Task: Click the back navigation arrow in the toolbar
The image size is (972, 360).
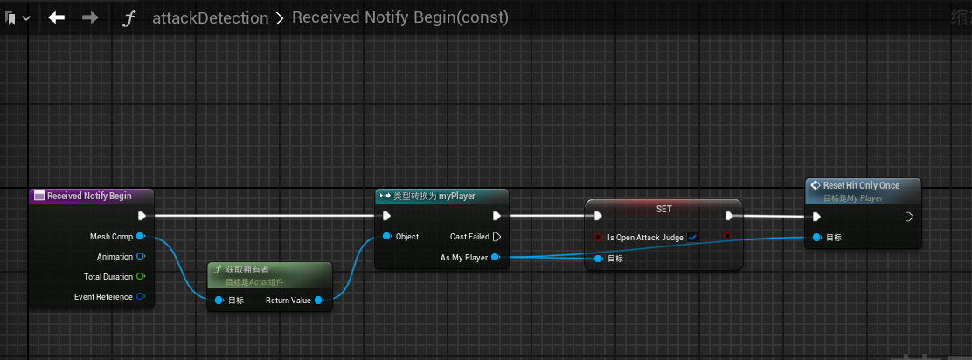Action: coord(57,17)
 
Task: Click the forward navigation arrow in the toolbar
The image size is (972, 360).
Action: coord(89,17)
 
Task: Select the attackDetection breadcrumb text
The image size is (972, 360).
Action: coord(210,17)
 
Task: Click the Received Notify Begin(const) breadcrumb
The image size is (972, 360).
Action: coord(400,17)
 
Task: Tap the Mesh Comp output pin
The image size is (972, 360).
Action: coord(140,236)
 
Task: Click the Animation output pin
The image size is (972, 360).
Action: coord(140,257)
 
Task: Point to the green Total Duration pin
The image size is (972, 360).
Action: coord(140,277)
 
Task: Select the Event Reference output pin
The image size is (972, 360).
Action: coord(140,297)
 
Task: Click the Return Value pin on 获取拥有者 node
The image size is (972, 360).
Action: coord(318,301)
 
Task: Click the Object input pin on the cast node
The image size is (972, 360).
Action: coord(385,237)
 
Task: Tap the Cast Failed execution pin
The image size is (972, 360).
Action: coord(496,237)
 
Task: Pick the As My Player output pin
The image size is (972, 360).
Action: coord(496,257)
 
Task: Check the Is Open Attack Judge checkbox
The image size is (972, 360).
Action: coord(692,238)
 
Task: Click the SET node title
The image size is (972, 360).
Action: coord(663,210)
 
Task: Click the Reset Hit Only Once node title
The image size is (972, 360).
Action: coord(861,186)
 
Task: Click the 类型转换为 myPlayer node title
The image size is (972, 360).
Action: coord(434,196)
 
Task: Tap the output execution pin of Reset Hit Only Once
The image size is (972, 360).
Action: coord(909,217)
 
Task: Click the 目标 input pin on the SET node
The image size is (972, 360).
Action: coord(598,259)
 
